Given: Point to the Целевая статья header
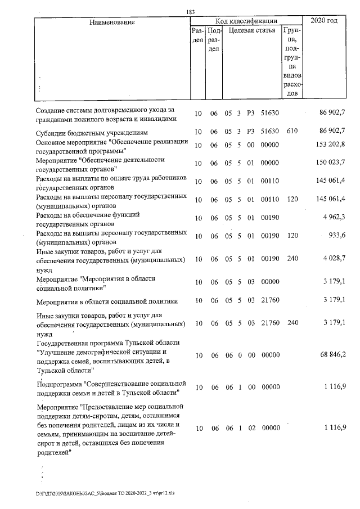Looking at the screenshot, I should pos(252,30).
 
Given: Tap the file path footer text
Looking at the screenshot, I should pos(97,494).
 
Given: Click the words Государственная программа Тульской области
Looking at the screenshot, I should pos(107,343).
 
